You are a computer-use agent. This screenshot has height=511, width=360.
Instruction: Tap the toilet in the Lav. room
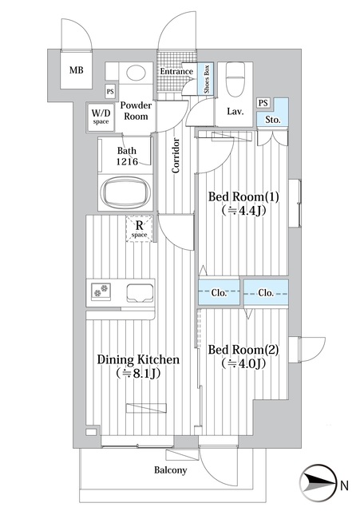coord(235,78)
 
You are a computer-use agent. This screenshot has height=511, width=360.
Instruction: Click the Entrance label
coord(176,73)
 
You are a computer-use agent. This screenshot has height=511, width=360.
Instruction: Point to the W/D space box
coord(101,117)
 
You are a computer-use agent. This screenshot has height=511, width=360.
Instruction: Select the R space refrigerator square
coord(139,229)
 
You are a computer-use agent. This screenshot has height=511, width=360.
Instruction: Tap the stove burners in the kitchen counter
coord(102,291)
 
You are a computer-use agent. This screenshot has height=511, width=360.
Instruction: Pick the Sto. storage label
coord(272,121)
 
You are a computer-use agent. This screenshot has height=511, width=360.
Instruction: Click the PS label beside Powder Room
coord(110,92)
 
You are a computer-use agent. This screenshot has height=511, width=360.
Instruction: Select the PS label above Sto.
coord(263,102)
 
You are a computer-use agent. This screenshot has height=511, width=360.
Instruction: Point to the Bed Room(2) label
coord(241,356)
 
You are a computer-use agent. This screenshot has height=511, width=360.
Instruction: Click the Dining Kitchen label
coord(137,366)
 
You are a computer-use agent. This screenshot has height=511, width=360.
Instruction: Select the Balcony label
coord(171,469)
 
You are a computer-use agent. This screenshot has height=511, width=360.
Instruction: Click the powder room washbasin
coord(136,73)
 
